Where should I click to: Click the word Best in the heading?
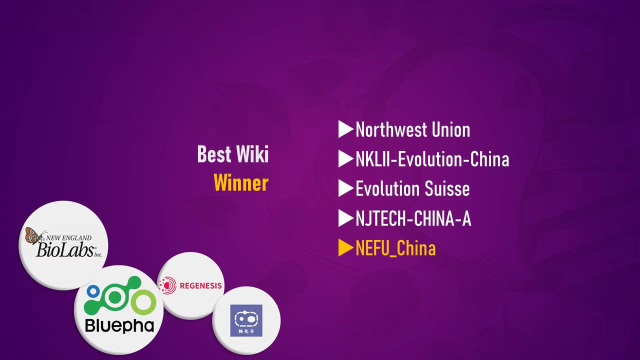(x=214, y=154)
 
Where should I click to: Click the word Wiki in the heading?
(x=252, y=154)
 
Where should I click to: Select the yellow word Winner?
(x=241, y=183)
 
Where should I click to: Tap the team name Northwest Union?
(x=413, y=129)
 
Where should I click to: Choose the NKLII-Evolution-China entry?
(x=432, y=159)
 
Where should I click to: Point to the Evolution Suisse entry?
(x=412, y=188)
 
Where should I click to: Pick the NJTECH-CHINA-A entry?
(x=413, y=218)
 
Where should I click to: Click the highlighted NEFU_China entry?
(x=395, y=248)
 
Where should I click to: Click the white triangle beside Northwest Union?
(x=345, y=129)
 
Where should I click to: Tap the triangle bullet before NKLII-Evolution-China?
(x=345, y=158)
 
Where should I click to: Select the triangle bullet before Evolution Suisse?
(x=345, y=188)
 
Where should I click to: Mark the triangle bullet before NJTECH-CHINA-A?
(x=345, y=218)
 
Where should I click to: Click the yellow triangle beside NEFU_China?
(x=345, y=247)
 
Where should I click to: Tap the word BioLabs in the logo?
(x=65, y=249)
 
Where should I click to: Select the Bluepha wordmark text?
(x=119, y=325)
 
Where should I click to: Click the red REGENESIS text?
(x=201, y=285)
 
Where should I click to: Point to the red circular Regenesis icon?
(x=168, y=285)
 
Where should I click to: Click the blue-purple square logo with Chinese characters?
(x=246, y=320)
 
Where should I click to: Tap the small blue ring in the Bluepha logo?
(x=93, y=291)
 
